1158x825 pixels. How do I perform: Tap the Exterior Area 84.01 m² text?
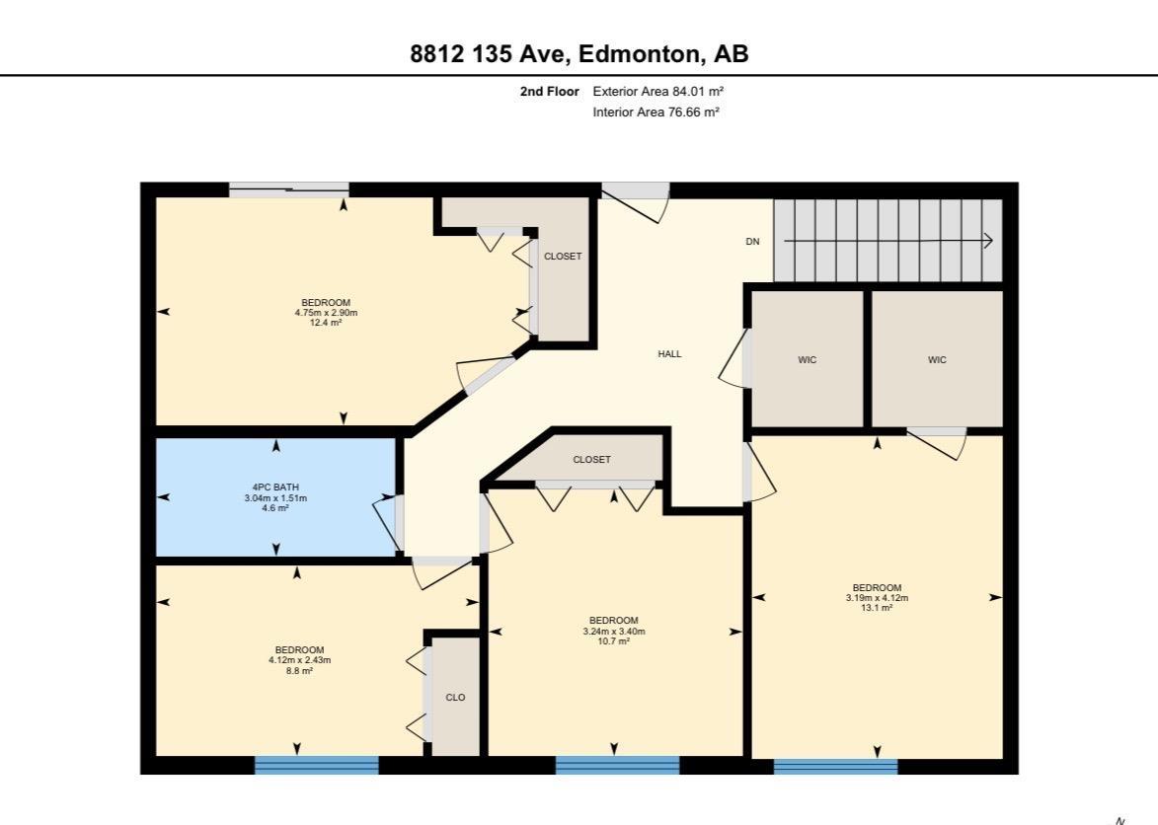click(658, 92)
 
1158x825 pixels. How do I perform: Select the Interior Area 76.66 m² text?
click(656, 112)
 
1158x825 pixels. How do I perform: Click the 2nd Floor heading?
click(550, 92)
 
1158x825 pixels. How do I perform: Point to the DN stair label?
click(752, 242)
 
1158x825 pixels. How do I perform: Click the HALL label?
click(670, 354)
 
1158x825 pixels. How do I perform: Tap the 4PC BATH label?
click(275, 487)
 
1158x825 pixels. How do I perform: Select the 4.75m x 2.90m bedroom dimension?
click(326, 313)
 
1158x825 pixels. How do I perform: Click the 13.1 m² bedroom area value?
click(878, 608)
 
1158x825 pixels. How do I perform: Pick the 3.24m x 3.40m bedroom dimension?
click(614, 632)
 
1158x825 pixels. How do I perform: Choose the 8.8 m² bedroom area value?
click(299, 671)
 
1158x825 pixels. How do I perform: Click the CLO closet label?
click(456, 698)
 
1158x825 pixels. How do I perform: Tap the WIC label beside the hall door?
click(808, 360)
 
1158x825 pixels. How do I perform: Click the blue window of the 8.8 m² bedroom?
click(317, 765)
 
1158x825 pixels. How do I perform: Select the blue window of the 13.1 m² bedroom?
click(836, 767)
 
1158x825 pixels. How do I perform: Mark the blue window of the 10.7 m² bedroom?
click(617, 765)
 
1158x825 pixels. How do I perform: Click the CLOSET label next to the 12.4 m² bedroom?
click(563, 257)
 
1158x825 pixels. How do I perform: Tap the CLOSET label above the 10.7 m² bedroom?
click(591, 460)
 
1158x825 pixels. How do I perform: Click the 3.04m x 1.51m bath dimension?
click(275, 498)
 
